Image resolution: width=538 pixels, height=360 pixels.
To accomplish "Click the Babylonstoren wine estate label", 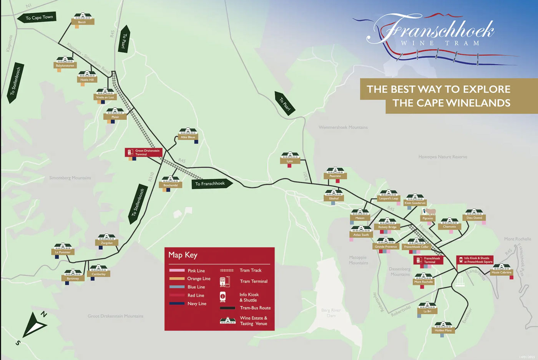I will tap(65, 66).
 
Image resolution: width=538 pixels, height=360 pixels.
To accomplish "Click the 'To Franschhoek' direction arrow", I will tap(212, 183).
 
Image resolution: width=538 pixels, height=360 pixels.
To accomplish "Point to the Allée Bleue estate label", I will tap(188, 137).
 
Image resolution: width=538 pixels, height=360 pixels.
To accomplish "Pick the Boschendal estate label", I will tap(170, 185).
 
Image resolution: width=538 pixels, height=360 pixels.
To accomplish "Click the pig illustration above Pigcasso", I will tap(430, 212).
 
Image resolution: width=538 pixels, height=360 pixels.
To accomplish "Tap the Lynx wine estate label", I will tap(290, 161).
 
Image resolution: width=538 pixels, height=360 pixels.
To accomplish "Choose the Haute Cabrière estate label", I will tap(501, 272).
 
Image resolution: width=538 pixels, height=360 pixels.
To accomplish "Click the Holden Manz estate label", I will tap(443, 330).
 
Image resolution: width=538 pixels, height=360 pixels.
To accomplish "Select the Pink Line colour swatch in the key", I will tap(177, 271).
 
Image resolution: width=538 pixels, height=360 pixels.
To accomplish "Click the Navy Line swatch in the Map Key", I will tap(177, 303).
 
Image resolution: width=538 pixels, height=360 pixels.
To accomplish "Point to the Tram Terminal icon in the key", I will tap(225, 282).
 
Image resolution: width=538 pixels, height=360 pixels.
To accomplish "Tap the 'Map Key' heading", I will tap(183, 255).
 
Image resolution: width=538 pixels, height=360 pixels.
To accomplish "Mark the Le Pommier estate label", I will tap(63, 252).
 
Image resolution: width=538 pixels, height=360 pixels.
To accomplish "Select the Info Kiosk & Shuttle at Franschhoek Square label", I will tap(475, 260).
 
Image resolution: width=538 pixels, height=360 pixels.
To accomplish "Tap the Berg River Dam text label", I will tap(331, 313).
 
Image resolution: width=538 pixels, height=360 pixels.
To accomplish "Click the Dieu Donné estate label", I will tap(474, 218).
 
